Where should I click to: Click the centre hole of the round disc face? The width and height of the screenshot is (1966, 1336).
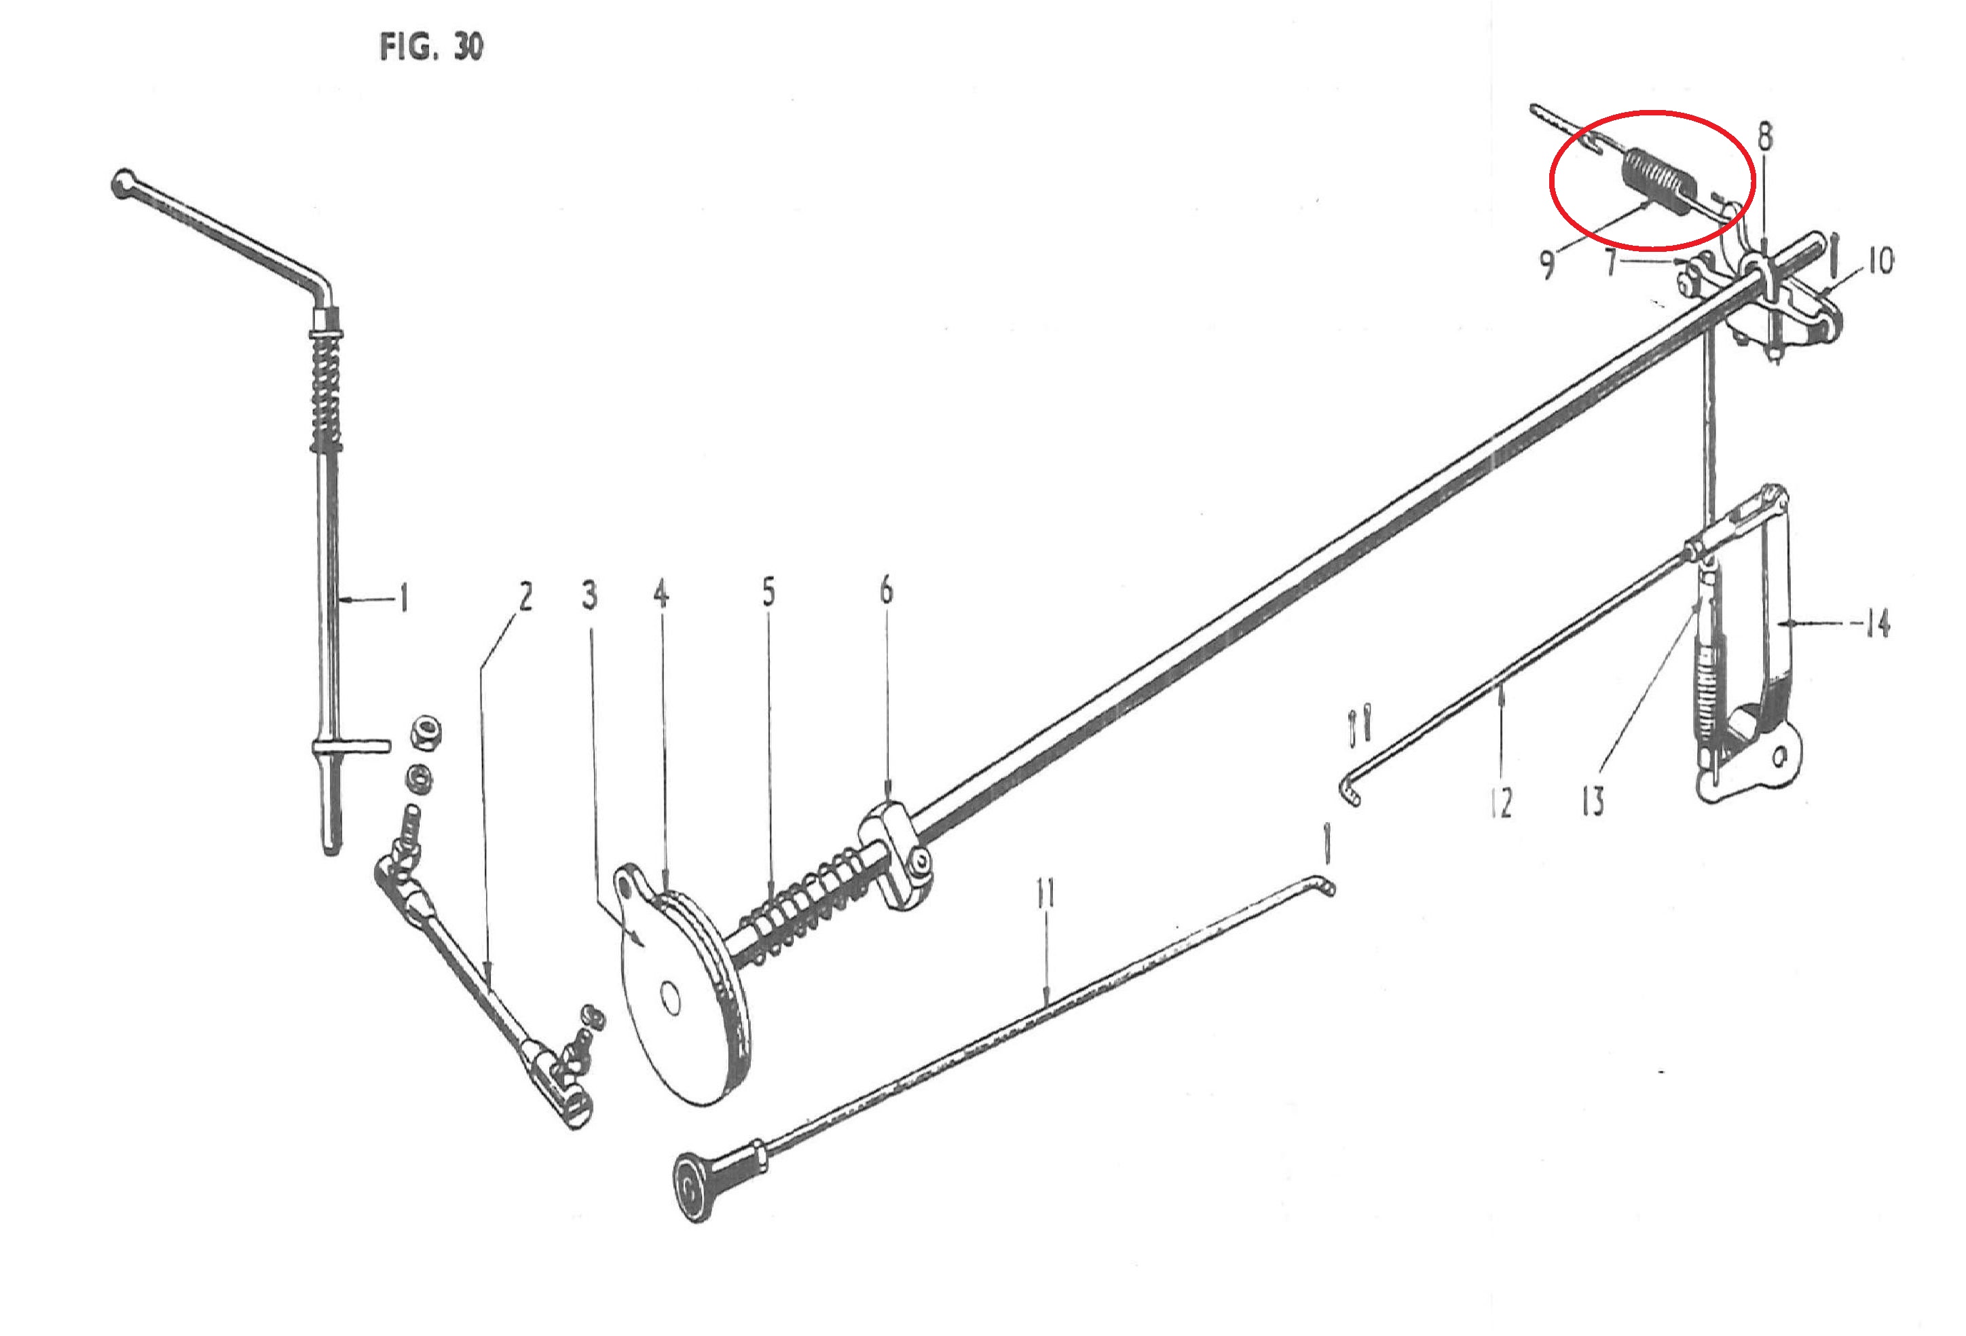click(671, 1001)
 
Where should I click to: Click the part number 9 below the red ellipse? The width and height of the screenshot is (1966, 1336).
click(1546, 265)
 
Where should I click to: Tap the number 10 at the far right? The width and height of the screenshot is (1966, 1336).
click(1880, 261)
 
